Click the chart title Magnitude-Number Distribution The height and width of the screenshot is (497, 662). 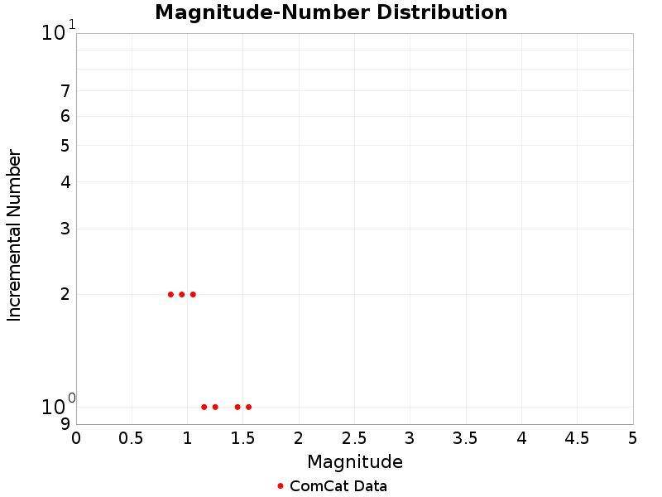(x=331, y=12)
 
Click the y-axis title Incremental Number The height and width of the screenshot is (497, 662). (x=14, y=235)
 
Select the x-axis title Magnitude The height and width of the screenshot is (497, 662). (x=355, y=461)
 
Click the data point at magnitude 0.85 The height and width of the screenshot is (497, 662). (x=170, y=294)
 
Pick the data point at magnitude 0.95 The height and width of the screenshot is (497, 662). (x=182, y=294)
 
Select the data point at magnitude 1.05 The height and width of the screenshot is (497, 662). (x=193, y=294)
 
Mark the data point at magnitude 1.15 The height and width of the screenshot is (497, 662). (x=204, y=407)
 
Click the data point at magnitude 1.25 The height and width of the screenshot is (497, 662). (x=215, y=407)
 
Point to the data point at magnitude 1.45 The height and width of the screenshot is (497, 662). (x=237, y=407)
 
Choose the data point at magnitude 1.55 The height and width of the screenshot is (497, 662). (x=248, y=407)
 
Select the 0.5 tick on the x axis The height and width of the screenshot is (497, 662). (x=132, y=437)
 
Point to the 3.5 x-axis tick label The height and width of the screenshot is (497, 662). (x=466, y=437)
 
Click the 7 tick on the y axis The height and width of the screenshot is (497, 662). (x=65, y=91)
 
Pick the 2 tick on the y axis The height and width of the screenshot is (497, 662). (x=65, y=294)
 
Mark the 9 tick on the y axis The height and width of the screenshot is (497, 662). (x=65, y=424)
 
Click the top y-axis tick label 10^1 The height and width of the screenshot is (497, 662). (x=58, y=32)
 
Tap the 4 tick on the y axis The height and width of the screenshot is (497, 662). (x=65, y=181)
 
